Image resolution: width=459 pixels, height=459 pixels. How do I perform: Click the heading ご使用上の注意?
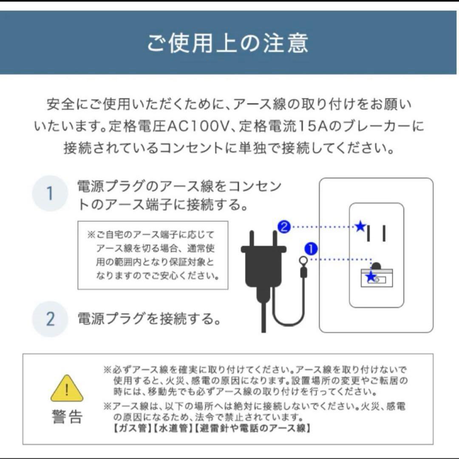tap(228, 43)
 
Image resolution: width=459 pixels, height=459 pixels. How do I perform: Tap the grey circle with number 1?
tap(50, 193)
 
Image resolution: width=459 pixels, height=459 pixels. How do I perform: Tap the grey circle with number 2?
tap(50, 319)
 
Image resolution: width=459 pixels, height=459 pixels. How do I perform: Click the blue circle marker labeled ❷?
tap(284, 227)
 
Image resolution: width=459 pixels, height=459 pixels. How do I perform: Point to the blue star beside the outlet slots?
tap(360, 227)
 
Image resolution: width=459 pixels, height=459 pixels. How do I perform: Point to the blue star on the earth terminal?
tap(371, 277)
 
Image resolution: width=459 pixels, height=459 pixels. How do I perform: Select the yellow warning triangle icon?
tap(67, 388)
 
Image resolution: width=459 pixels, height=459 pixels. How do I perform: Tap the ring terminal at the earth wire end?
tap(303, 261)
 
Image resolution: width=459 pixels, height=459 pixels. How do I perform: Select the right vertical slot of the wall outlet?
tap(384, 233)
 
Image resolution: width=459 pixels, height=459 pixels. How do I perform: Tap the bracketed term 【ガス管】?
tap(132, 428)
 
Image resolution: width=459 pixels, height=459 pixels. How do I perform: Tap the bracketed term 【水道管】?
tap(173, 428)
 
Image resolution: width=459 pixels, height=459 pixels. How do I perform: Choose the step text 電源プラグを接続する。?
tap(149, 319)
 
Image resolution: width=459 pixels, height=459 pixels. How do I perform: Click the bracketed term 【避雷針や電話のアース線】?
tap(252, 428)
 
